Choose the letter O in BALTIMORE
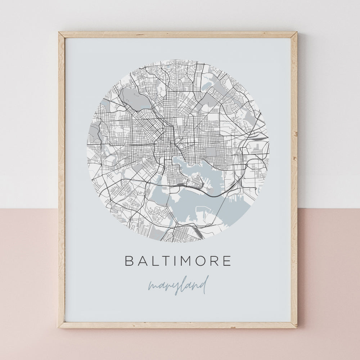(x=202, y=261)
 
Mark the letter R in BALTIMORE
(x=215, y=261)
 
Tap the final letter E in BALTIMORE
(x=227, y=261)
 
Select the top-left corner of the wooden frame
(x=59, y=33)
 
